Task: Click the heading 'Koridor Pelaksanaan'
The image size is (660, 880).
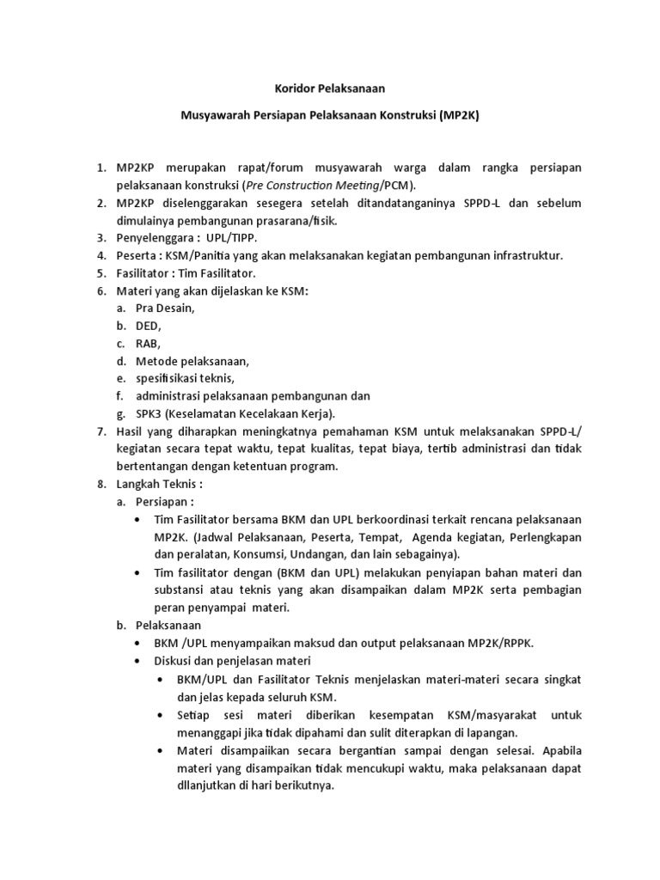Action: click(318, 88)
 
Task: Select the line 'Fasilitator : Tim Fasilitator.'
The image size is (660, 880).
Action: click(174, 273)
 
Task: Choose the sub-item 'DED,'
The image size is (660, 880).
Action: click(149, 327)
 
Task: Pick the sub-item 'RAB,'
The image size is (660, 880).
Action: click(149, 344)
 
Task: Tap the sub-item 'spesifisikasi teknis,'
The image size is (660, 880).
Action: click(185, 379)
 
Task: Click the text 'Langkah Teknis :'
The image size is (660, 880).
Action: click(159, 485)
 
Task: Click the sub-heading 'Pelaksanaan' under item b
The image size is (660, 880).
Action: click(169, 626)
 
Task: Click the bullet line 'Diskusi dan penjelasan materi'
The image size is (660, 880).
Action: click(231, 661)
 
